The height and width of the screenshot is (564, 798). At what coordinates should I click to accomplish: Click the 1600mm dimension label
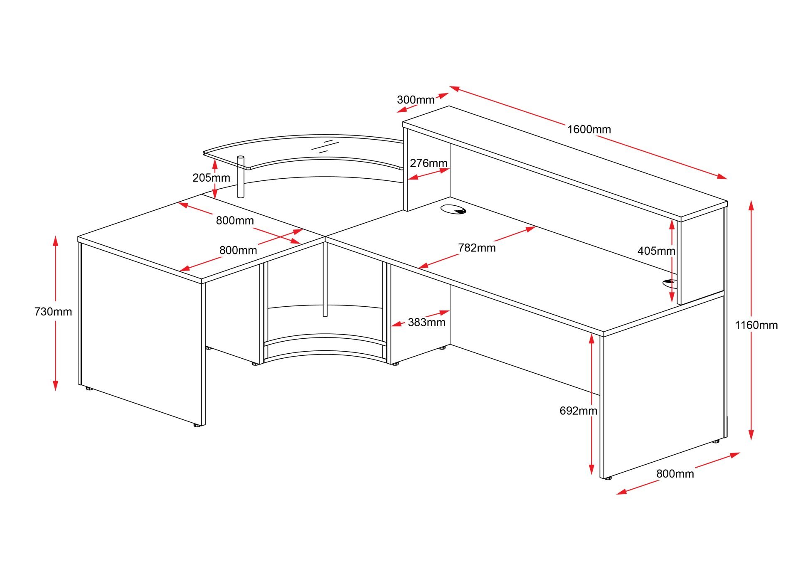(x=589, y=129)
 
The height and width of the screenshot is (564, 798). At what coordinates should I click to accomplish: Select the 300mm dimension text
(x=415, y=100)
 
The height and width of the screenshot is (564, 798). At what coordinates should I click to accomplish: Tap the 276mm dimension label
(x=429, y=163)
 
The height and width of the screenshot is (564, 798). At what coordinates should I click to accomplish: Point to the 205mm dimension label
(x=211, y=178)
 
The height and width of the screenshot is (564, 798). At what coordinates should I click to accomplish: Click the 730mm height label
(x=53, y=312)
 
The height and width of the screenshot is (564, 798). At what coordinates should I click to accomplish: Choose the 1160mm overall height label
(x=756, y=325)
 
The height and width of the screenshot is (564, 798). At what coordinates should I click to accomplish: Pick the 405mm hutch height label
(x=656, y=251)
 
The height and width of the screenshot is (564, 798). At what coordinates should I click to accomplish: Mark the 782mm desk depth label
(x=477, y=248)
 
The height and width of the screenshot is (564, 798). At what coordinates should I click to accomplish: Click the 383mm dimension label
(x=426, y=322)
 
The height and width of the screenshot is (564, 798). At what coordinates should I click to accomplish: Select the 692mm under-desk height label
(x=578, y=411)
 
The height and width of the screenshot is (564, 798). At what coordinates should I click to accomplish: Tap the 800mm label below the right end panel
(x=675, y=474)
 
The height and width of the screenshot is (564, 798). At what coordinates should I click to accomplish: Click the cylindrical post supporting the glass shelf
(x=240, y=177)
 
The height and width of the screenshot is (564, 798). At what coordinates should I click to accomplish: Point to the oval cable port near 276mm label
(x=453, y=209)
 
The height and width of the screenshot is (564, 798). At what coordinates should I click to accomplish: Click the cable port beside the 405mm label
(x=669, y=283)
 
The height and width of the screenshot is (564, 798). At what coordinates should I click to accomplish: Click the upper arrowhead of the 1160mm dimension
(x=751, y=205)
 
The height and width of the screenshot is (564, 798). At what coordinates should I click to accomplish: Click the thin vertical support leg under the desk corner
(x=325, y=278)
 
